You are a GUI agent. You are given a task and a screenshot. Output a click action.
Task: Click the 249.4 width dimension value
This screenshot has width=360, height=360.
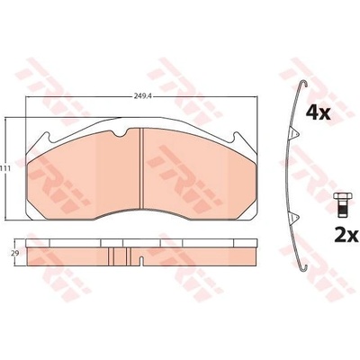[x=141, y=96]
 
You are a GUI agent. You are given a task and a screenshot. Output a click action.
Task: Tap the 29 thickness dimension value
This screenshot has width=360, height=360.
[x=13, y=254]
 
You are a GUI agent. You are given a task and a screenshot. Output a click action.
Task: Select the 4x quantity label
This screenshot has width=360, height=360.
[x=318, y=113]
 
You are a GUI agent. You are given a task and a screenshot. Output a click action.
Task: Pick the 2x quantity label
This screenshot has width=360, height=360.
[x=346, y=236]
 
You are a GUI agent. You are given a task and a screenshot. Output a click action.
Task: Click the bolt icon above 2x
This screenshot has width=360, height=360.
[x=341, y=205]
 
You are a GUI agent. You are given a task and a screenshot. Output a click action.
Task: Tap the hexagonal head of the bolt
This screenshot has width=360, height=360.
[x=341, y=197]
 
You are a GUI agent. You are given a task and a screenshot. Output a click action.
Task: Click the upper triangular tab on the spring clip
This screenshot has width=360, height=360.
[x=294, y=133]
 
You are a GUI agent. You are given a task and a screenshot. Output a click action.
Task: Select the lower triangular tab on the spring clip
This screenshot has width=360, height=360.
[x=294, y=217]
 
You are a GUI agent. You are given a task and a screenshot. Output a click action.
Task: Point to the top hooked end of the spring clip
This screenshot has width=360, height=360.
[x=303, y=85]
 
